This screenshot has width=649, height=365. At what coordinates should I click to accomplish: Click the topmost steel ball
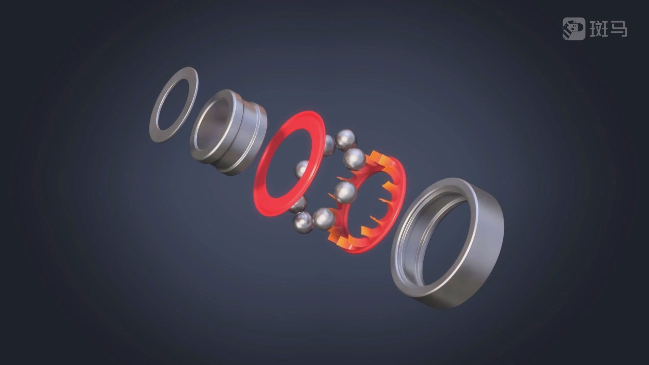coord(346,139)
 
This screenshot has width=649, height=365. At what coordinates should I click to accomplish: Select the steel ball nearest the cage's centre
coord(345,193)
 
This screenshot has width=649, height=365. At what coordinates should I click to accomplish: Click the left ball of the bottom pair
coord(303,222)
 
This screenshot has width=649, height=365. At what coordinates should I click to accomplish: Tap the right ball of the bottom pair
coord(324,219)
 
